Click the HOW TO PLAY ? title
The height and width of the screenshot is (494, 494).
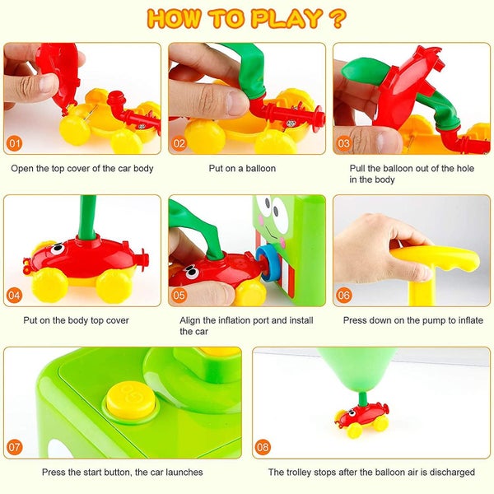pyautogui.click(x=246, y=18)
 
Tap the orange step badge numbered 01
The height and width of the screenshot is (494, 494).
pyautogui.click(x=14, y=142)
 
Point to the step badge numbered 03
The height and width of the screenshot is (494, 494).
pyautogui.click(x=344, y=142)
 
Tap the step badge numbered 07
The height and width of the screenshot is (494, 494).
pyautogui.click(x=14, y=447)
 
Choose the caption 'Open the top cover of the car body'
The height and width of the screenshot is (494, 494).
pyautogui.click(x=82, y=169)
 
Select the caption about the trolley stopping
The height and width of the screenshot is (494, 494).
pyautogui.click(x=371, y=473)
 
